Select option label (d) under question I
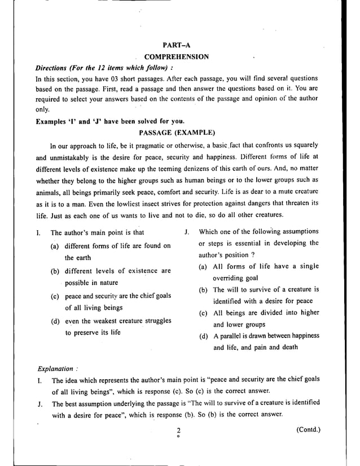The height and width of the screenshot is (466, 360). pos(55,322)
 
